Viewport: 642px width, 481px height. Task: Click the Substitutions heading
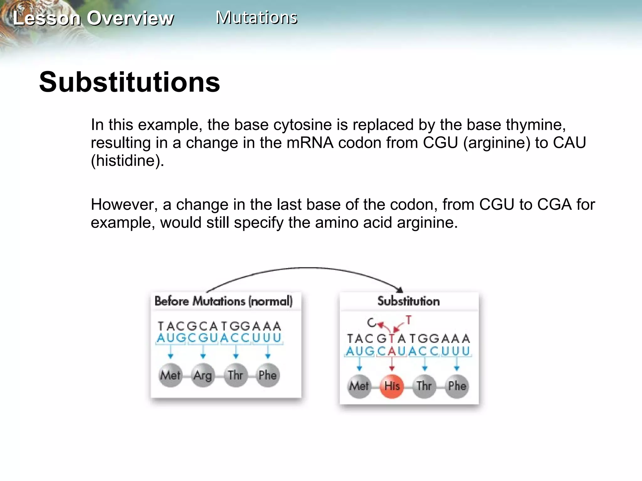tap(129, 82)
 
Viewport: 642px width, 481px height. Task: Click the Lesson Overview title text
tap(93, 18)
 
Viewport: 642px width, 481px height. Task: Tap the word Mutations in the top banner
tap(256, 18)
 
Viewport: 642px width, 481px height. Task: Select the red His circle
tap(392, 386)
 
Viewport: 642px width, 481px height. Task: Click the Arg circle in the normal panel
tap(203, 375)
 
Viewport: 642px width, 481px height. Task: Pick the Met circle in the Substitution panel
tap(359, 386)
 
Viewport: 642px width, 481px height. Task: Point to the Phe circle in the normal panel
tap(267, 375)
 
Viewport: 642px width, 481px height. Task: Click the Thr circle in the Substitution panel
tap(424, 386)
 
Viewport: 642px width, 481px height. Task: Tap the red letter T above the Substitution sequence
tap(408, 320)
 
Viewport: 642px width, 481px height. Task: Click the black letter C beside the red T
tap(371, 323)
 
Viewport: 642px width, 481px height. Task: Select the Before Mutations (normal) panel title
tap(224, 301)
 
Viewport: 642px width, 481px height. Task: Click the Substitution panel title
tap(408, 301)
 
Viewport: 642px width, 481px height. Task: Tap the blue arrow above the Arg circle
tap(203, 352)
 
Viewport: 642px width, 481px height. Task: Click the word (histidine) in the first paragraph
tap(127, 161)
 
